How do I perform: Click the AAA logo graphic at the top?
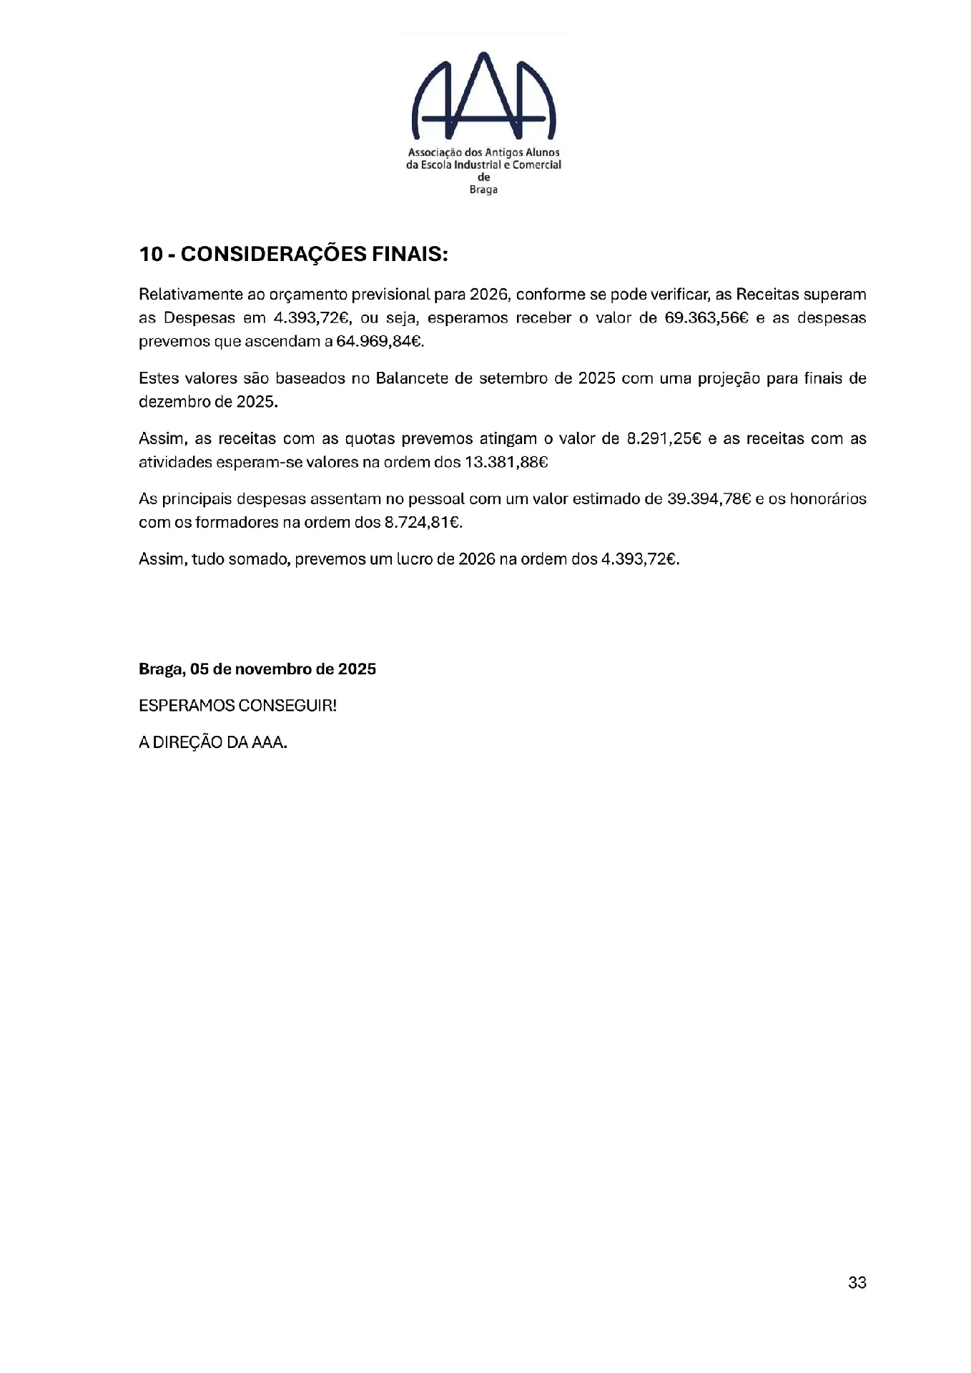pyautogui.click(x=484, y=96)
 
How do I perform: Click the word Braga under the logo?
pyautogui.click(x=483, y=190)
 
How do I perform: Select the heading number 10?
pyautogui.click(x=151, y=255)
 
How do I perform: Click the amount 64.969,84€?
pyautogui.click(x=380, y=341)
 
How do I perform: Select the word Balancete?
pyautogui.click(x=413, y=378)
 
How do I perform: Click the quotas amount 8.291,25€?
pyautogui.click(x=664, y=438)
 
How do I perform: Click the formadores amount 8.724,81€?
pyautogui.click(x=423, y=522)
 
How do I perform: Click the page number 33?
pyautogui.click(x=857, y=1283)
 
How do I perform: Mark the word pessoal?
pyautogui.click(x=436, y=498)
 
